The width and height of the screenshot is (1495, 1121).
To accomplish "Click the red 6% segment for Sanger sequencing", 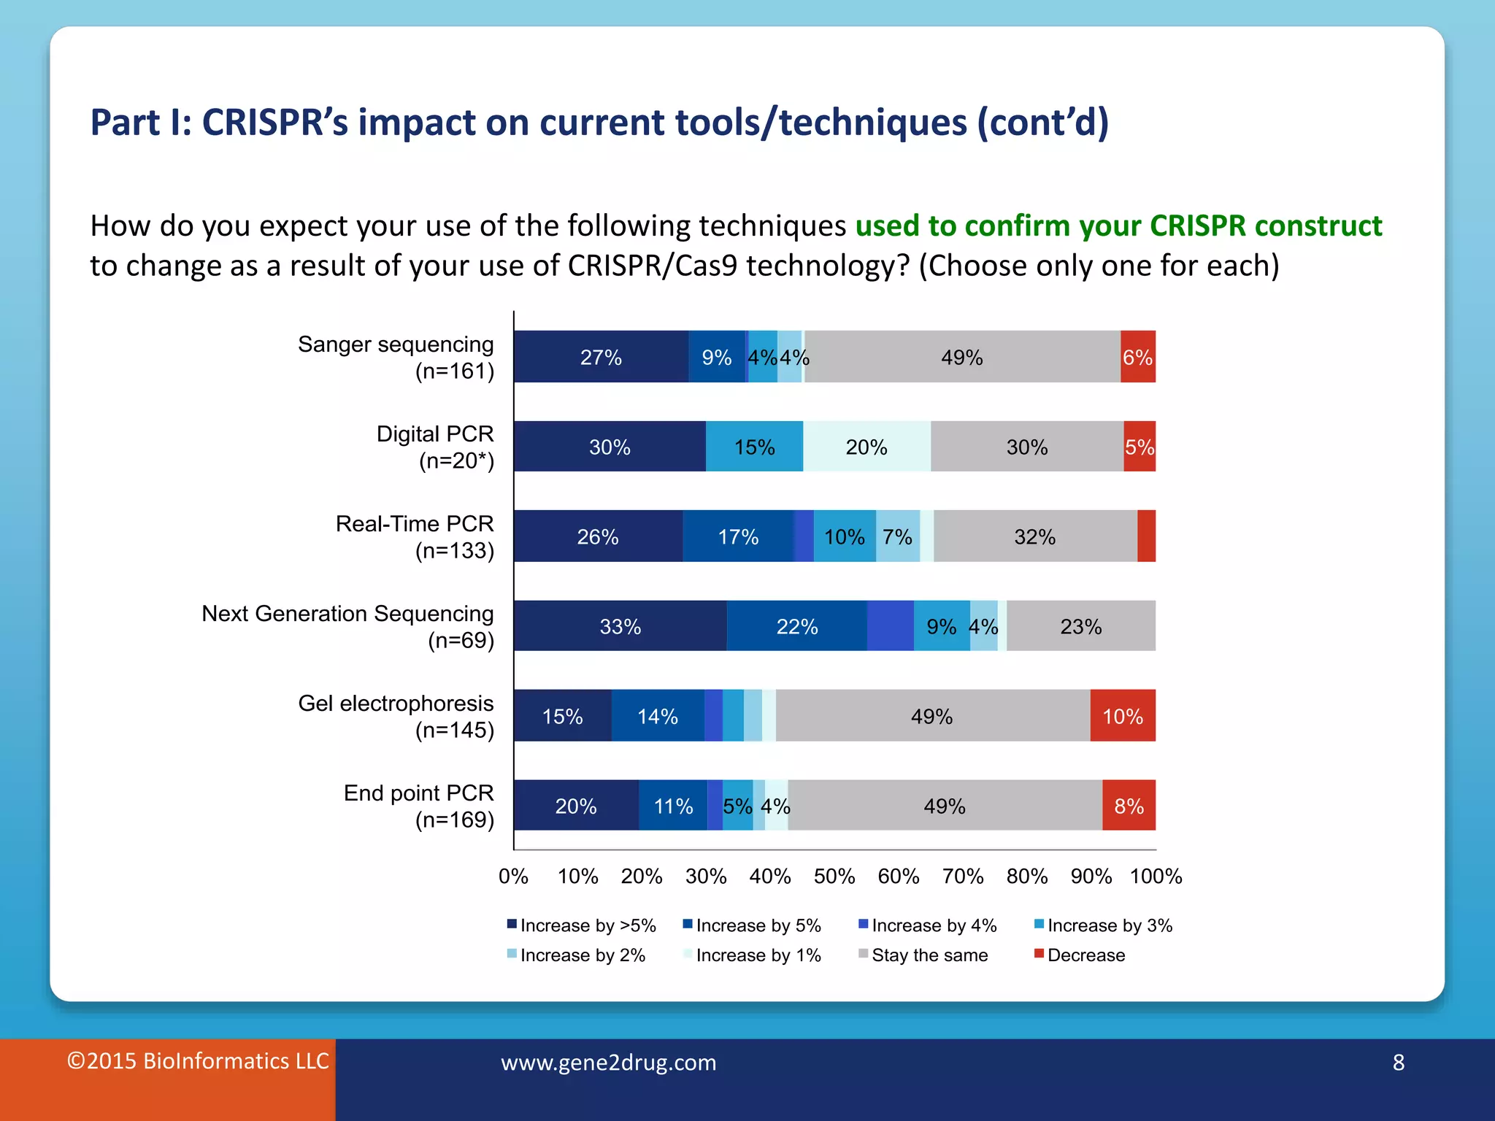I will (x=1137, y=357).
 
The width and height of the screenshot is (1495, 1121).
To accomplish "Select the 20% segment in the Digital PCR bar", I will (x=866, y=447).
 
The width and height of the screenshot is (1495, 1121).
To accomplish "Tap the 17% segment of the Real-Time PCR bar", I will (x=738, y=536).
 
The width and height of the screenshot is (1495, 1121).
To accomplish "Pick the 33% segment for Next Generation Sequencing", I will (x=620, y=626).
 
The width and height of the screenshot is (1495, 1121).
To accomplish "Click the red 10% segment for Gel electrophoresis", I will (x=1122, y=716).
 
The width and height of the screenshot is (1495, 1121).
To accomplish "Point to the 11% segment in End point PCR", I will (x=672, y=806).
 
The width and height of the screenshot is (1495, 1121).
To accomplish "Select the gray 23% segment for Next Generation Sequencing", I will (x=1080, y=626).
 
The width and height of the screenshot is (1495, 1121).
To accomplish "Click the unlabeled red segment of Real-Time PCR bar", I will (x=1146, y=536).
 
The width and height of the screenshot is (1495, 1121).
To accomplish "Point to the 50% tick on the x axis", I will (x=834, y=876).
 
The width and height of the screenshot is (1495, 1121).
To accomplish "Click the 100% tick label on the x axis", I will (x=1156, y=876).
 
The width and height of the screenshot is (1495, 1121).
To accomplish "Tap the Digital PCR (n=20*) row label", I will (x=435, y=447).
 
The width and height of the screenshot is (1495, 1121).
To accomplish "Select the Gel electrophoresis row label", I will (x=396, y=716).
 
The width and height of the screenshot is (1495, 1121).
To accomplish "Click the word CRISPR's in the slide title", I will (x=274, y=123).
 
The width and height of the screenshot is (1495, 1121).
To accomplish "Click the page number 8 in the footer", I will (x=1398, y=1063).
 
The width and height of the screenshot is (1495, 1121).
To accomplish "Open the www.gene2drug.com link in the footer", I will (x=608, y=1063).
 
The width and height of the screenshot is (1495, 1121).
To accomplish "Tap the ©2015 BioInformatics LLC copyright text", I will (x=198, y=1061).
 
